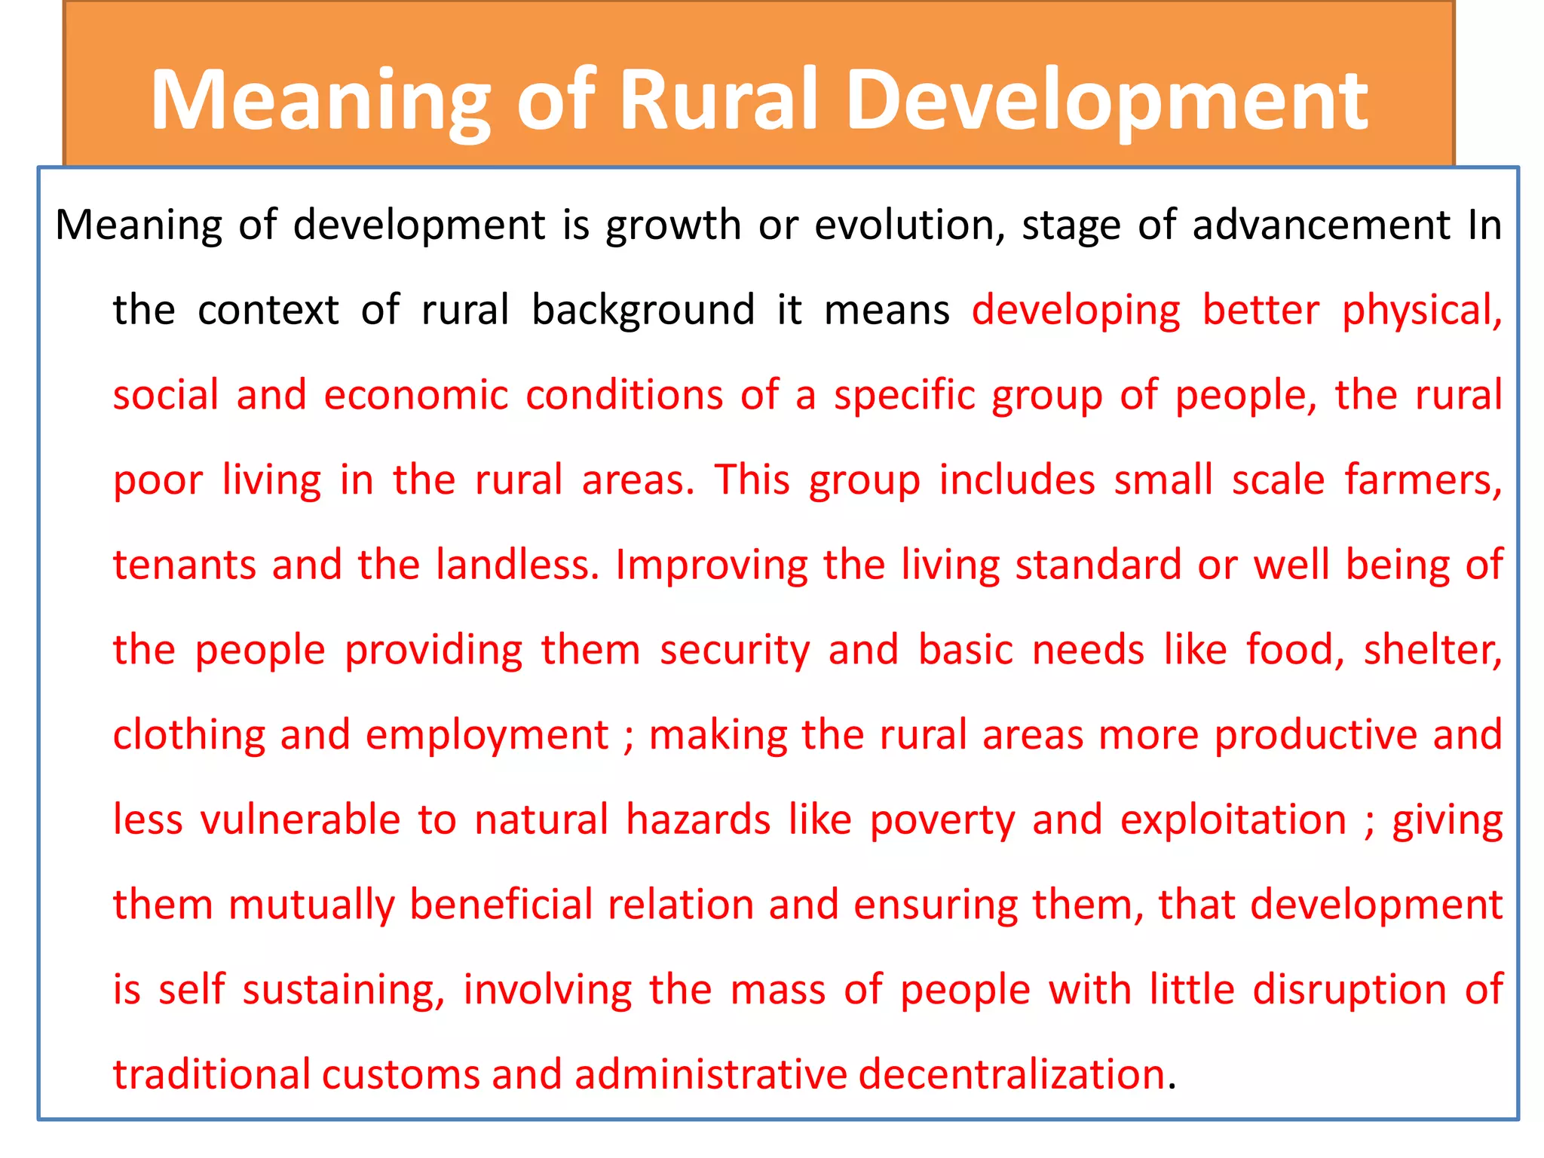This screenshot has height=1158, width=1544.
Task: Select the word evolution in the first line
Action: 909,225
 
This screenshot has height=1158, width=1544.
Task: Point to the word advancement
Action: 1321,225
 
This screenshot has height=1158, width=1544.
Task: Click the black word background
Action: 643,310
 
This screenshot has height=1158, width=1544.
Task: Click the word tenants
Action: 184,565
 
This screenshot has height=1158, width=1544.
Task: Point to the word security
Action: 734,651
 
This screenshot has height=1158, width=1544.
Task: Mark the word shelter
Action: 1432,651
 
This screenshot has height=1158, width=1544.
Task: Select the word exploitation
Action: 1233,820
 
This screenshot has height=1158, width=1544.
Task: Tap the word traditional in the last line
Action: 211,1074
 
